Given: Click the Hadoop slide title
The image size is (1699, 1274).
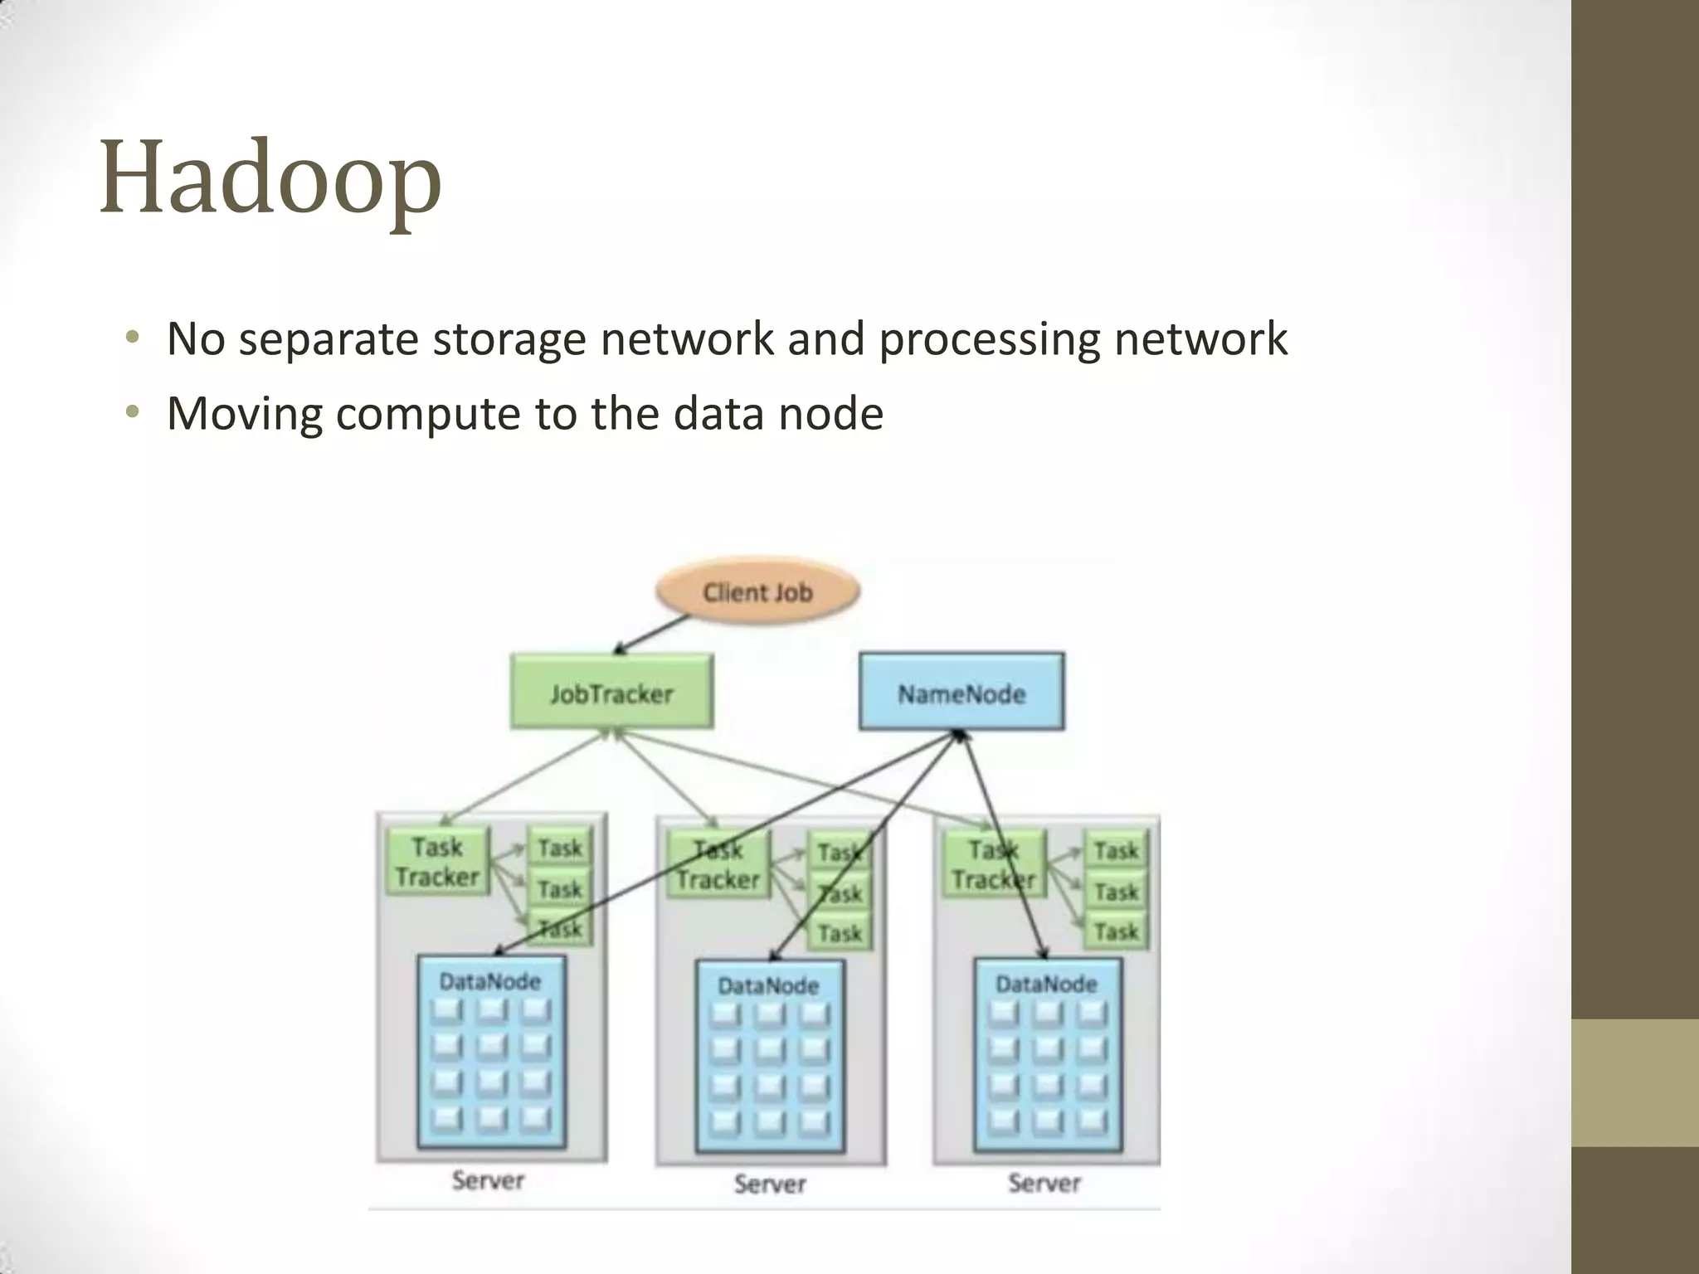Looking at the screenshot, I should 270,179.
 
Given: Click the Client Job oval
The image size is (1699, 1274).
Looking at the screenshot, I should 757,592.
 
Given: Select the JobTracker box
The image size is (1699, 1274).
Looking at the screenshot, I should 611,693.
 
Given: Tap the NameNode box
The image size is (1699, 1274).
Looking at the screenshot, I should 961,693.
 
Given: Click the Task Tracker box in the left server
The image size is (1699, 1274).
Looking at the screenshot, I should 437,863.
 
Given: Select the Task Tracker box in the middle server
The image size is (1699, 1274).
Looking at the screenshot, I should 718,865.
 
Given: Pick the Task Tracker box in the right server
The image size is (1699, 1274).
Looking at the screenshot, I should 994,865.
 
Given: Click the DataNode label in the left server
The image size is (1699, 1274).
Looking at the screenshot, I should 490,982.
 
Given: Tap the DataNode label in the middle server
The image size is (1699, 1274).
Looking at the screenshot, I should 768,985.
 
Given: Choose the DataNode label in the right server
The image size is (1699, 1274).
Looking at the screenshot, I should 1046,985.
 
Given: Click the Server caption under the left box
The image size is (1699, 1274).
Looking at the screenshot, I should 488,1180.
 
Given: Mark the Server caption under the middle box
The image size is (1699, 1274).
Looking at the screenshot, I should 770,1184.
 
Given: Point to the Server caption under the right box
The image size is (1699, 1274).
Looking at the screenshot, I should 1044,1183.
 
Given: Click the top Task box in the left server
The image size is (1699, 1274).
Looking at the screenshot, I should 560,849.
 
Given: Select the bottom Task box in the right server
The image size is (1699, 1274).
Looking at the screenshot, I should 1116,931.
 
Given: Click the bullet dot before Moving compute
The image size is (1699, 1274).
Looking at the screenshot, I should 132,412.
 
